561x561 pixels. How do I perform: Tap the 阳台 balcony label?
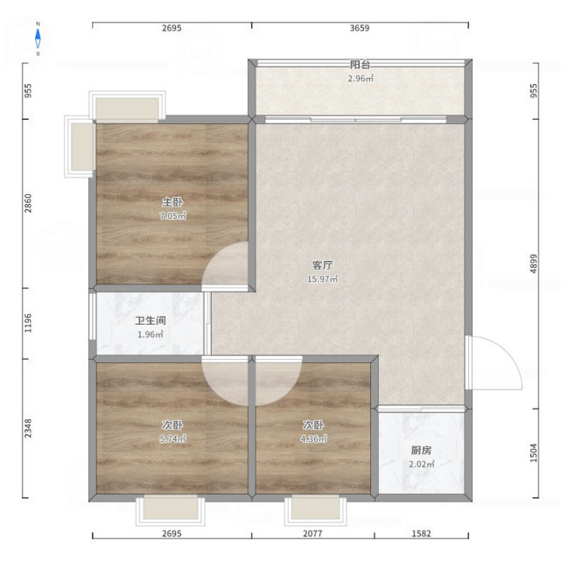pyautogui.click(x=360, y=65)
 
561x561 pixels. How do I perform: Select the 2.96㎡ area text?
pyautogui.click(x=361, y=79)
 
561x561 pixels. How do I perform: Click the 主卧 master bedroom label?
pyautogui.click(x=172, y=202)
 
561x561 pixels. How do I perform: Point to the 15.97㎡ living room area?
pyautogui.click(x=322, y=278)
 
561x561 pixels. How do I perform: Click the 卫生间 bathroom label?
pyautogui.click(x=151, y=320)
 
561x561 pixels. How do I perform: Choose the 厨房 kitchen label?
pyautogui.click(x=421, y=451)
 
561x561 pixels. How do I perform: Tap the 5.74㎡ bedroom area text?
pyautogui.click(x=172, y=438)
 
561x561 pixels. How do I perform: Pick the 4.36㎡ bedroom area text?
pyautogui.click(x=313, y=438)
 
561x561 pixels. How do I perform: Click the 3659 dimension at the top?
pyautogui.click(x=360, y=28)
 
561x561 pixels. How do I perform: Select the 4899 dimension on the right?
pyautogui.click(x=534, y=263)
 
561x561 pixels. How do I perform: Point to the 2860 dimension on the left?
pyautogui.click(x=28, y=203)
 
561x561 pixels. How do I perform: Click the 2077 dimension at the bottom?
pyautogui.click(x=312, y=534)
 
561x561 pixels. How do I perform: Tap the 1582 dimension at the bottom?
pyautogui.click(x=422, y=534)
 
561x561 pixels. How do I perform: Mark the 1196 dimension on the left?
pyautogui.click(x=28, y=323)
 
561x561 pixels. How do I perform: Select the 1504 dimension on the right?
pyautogui.click(x=534, y=452)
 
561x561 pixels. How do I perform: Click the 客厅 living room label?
pyautogui.click(x=322, y=265)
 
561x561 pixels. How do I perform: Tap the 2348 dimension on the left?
pyautogui.click(x=28, y=428)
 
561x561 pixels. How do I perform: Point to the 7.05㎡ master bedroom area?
pyautogui.click(x=172, y=216)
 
